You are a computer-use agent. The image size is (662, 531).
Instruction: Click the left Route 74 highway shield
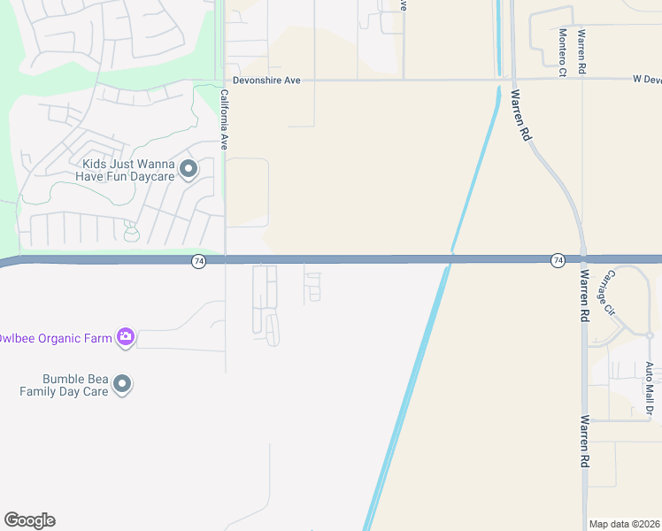tap(199, 261)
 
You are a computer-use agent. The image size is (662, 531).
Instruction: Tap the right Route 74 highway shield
tap(558, 260)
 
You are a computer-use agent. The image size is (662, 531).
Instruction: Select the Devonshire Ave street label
tap(266, 81)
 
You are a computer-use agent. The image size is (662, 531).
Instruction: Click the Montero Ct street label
tap(562, 52)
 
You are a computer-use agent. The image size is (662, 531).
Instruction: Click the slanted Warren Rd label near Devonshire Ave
tap(520, 115)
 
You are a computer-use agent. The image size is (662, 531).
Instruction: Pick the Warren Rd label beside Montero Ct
tap(581, 52)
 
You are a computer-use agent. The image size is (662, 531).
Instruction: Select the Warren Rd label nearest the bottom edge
tap(585, 442)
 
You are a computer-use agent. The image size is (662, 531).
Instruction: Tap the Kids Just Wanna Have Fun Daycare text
tap(129, 170)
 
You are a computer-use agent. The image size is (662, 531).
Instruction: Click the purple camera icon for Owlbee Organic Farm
tap(126, 336)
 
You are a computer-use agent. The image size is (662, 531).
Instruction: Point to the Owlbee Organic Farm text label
tap(55, 337)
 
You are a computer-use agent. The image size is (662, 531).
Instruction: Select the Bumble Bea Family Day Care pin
tap(122, 384)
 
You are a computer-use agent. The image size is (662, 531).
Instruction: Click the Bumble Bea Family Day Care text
tap(64, 384)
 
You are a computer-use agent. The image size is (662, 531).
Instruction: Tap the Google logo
tap(29, 520)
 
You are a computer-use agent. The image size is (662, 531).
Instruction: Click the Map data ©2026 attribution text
tap(625, 524)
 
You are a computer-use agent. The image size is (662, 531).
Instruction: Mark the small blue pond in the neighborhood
tap(132, 235)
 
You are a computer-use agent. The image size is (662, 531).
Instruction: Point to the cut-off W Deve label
tap(646, 80)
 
